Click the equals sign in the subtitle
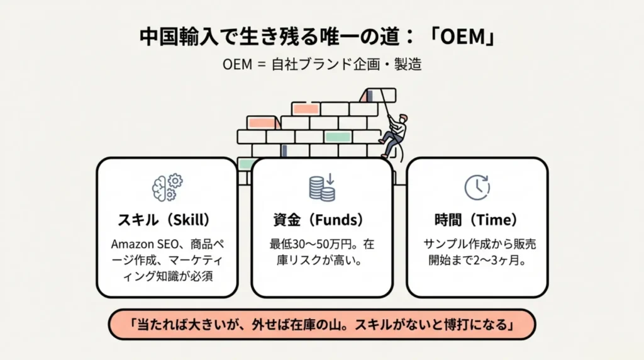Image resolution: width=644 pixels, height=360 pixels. (260, 65)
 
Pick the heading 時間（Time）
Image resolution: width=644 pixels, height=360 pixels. (476, 220)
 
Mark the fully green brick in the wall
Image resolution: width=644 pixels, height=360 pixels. (337, 137)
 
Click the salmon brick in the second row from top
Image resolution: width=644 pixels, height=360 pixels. (306, 109)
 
